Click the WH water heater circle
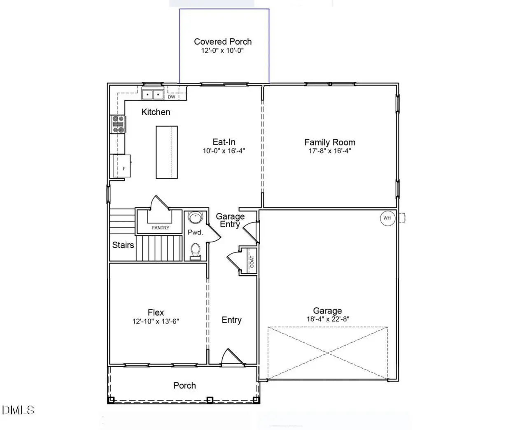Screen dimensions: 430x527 [x=387, y=218]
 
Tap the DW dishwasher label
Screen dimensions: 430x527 [x=171, y=97]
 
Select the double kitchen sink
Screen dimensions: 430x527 [x=153, y=95]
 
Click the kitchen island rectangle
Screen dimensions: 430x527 [x=167, y=152]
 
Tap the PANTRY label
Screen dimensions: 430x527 [x=160, y=228]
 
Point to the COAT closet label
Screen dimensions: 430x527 [x=252, y=261]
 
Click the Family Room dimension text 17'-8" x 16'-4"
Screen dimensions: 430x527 [x=330, y=151]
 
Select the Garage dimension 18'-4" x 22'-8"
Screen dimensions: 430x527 [x=327, y=319]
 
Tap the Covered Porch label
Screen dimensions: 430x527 [x=223, y=42]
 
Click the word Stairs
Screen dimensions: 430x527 [x=123, y=245]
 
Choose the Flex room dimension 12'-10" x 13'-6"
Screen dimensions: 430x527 [x=156, y=321]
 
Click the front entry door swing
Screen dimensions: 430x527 [x=229, y=357]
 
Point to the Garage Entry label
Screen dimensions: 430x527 [x=230, y=220]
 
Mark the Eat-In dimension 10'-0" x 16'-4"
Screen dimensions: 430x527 [x=224, y=151]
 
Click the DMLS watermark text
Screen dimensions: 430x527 [x=18, y=410]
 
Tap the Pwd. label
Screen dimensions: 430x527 [x=195, y=232]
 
